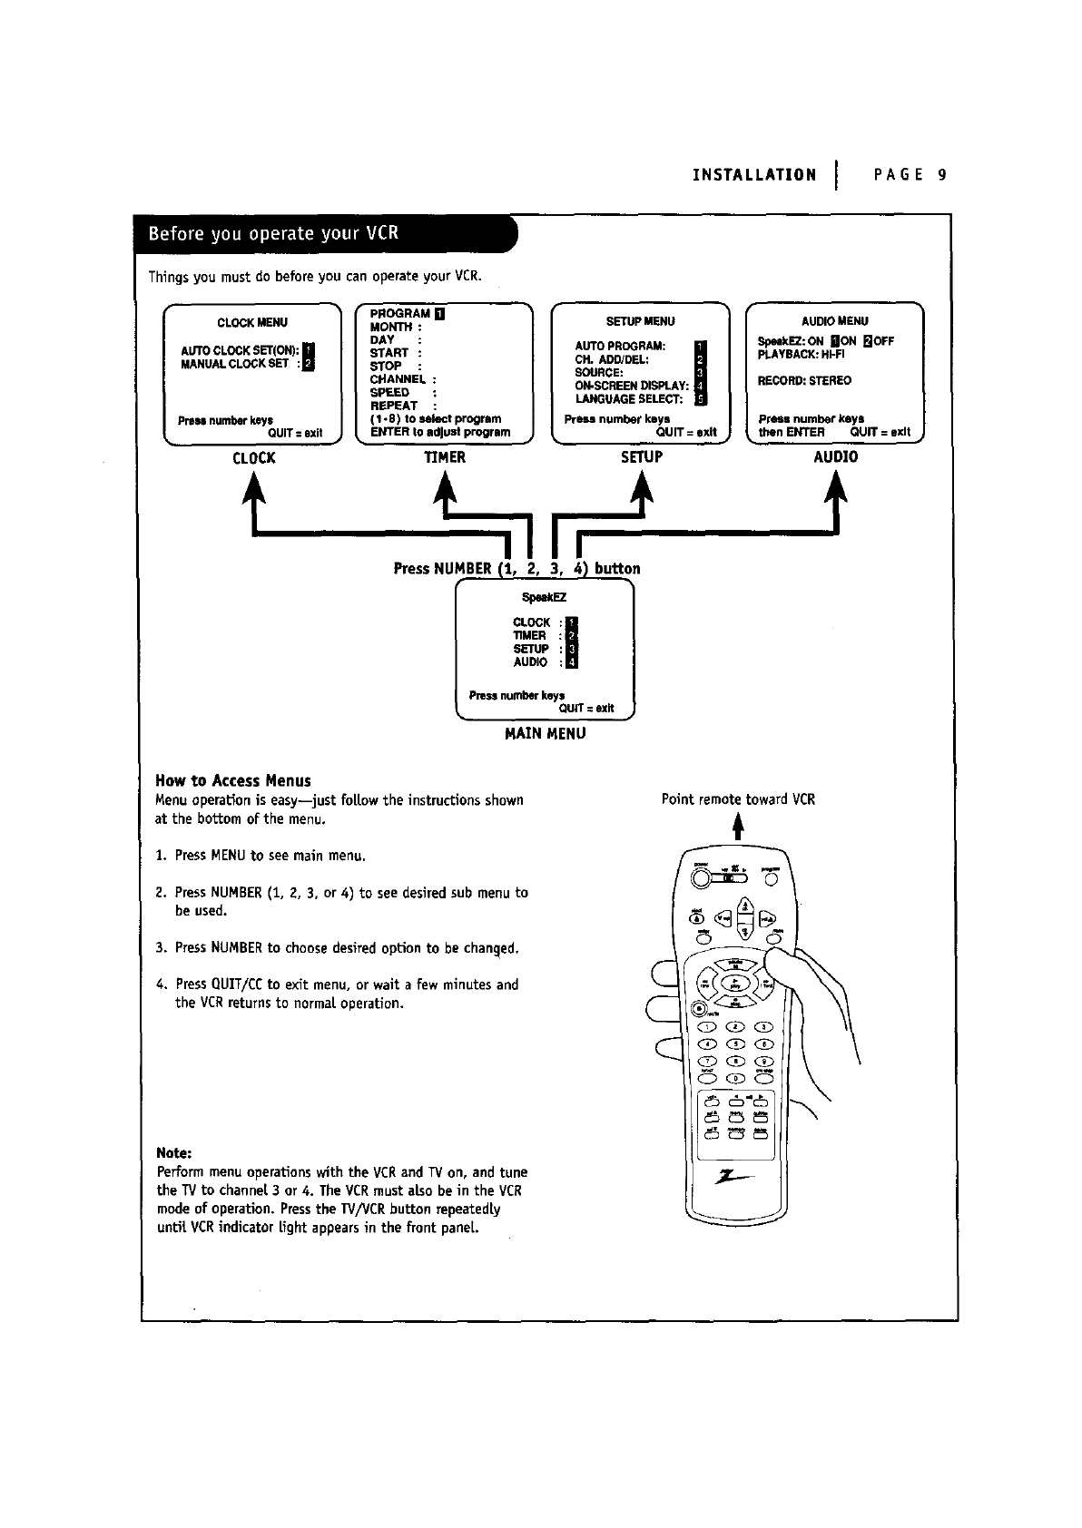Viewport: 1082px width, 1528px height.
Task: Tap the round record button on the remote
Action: coord(699,1007)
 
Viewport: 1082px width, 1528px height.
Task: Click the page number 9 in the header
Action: coord(943,175)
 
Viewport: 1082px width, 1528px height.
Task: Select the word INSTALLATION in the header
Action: coord(754,175)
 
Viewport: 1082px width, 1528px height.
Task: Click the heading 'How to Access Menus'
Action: coord(233,780)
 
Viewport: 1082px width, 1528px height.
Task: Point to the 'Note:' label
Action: coord(174,1152)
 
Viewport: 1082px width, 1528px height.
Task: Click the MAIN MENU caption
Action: coord(545,733)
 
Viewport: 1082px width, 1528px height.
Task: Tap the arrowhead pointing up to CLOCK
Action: coord(253,489)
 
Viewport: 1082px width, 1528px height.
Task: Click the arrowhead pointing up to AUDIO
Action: coord(836,489)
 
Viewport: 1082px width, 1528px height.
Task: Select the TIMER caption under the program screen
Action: coord(445,457)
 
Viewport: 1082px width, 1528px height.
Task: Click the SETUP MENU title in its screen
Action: coord(640,321)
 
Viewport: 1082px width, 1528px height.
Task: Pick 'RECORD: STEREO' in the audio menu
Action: coord(804,380)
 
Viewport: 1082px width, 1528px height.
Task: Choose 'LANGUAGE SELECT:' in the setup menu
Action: coord(628,398)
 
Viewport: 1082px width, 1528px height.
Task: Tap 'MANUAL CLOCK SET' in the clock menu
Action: coord(235,364)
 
